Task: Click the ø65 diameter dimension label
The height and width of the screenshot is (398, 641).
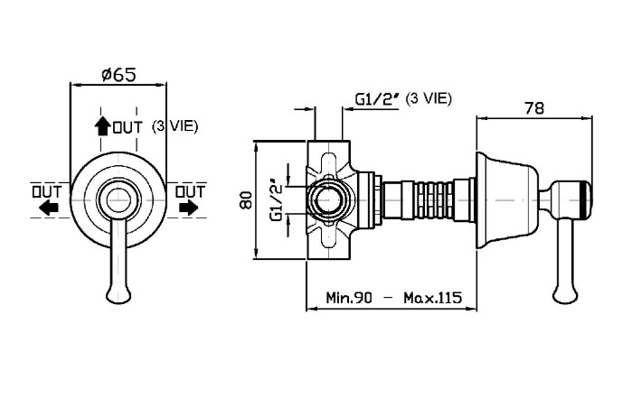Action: click(118, 75)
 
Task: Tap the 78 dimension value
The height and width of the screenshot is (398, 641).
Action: click(534, 108)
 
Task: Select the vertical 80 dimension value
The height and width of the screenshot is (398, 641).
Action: click(246, 199)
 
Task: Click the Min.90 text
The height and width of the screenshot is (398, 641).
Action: click(349, 297)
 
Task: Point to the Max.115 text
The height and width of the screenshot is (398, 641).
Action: click(432, 297)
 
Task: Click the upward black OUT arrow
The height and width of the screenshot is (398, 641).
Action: click(102, 125)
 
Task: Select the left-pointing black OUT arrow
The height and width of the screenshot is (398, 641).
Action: click(49, 208)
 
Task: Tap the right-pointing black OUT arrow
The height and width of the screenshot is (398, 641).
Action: click(188, 208)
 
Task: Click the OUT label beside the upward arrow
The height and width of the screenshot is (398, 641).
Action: click(127, 128)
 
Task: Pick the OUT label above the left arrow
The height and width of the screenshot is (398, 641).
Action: click(47, 191)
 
